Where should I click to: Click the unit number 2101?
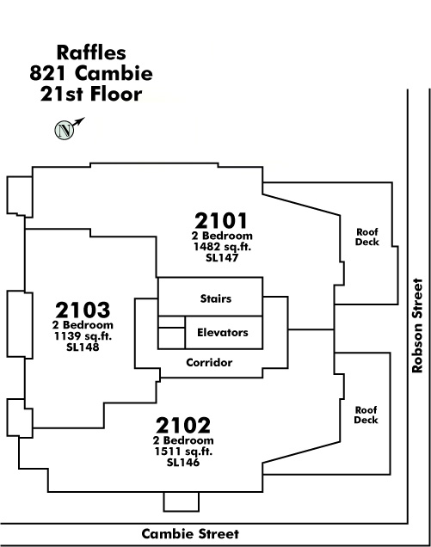tap(220, 220)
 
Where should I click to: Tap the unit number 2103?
tap(83, 310)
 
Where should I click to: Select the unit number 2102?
tap(183, 425)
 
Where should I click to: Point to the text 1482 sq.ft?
tap(222, 247)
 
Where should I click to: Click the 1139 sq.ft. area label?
tap(83, 336)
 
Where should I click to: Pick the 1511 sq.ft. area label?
tap(183, 452)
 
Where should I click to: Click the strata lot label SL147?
tap(222, 258)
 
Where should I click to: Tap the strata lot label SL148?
tap(83, 347)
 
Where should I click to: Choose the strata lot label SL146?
tap(183, 463)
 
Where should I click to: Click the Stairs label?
tap(216, 298)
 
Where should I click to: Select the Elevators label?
tap(223, 333)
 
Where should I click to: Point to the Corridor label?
tap(209, 362)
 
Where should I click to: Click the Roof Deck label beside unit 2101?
tap(367, 237)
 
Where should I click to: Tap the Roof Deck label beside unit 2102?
tap(366, 415)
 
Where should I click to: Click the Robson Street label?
tap(417, 325)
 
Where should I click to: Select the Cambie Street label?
tap(190, 534)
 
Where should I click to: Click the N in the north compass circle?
tap(65, 131)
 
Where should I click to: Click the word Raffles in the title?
tap(91, 52)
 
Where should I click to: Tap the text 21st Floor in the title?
tap(91, 94)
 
